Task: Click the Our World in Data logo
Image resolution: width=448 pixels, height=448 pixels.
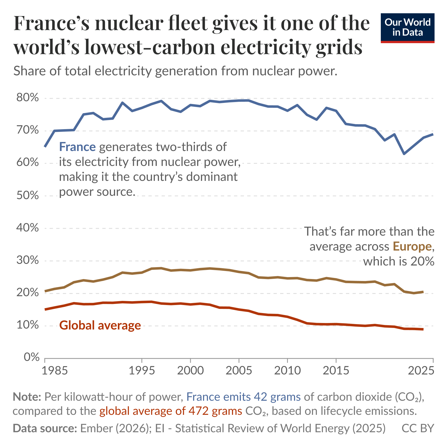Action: pyautogui.click(x=407, y=28)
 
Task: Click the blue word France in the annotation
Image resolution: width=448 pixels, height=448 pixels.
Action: pyautogui.click(x=77, y=147)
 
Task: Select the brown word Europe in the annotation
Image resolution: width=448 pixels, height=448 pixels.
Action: pyautogui.click(x=412, y=246)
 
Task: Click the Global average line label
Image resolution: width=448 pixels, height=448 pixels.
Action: pyautogui.click(x=100, y=325)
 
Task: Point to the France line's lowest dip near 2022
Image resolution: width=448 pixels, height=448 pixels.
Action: pyautogui.click(x=404, y=153)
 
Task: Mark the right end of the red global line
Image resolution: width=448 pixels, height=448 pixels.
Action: pyautogui.click(x=423, y=329)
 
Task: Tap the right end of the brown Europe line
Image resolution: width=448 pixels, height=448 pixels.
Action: pyautogui.click(x=423, y=292)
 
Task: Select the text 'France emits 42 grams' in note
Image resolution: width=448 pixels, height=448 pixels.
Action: pyautogui.click(x=243, y=397)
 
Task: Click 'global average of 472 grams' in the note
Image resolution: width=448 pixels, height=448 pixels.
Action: pyautogui.click(x=171, y=411)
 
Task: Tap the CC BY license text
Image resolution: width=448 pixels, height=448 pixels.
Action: pyautogui.click(x=418, y=428)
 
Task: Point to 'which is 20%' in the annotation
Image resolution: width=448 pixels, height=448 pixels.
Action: pyautogui.click(x=398, y=261)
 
